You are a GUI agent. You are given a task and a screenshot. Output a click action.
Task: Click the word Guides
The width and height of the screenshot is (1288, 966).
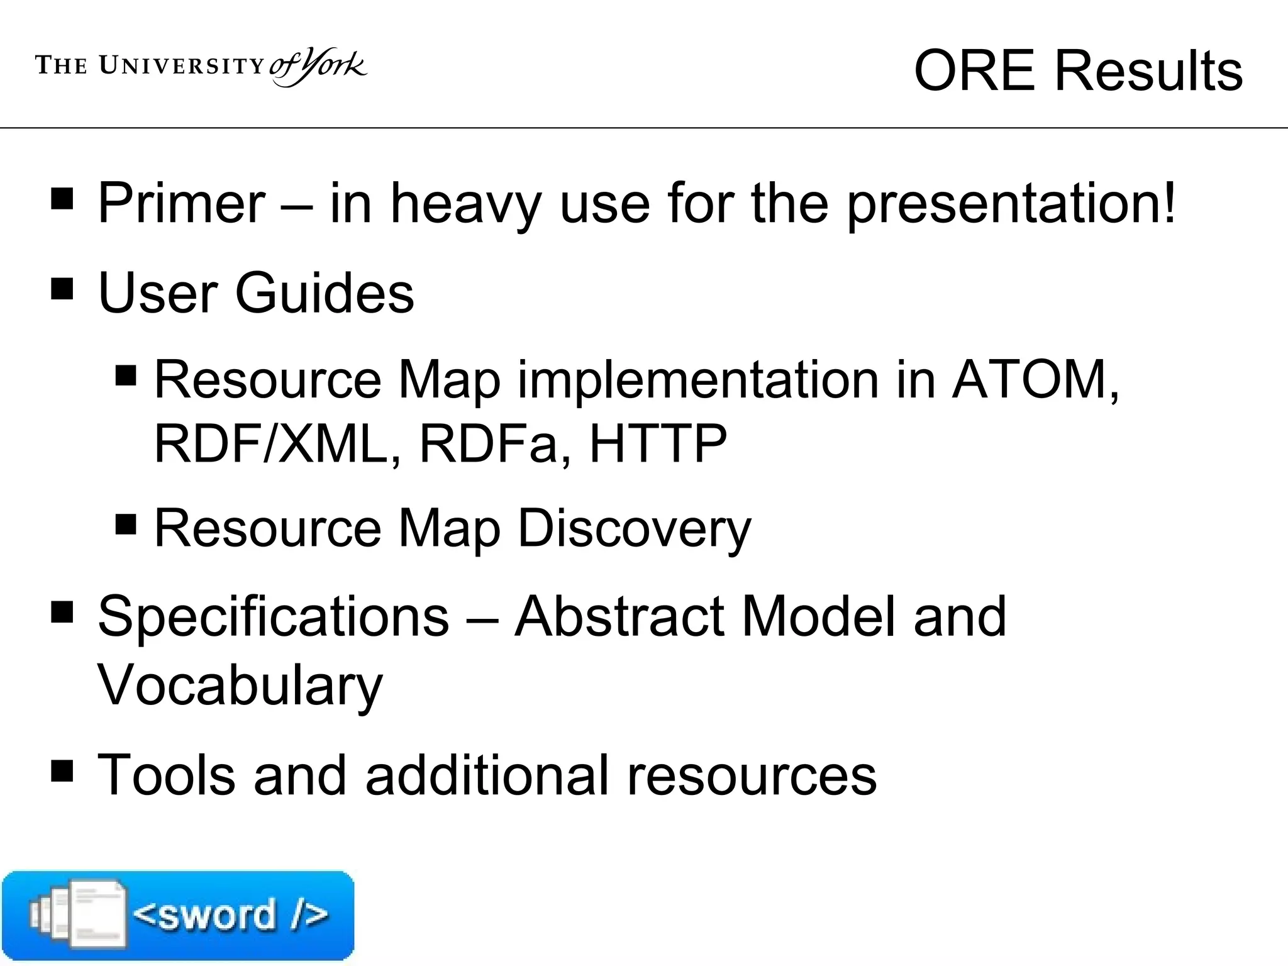point(325,292)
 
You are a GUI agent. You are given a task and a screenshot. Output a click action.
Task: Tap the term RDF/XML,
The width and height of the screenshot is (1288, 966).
point(277,443)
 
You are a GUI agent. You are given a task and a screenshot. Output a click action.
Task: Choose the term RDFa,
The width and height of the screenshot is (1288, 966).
point(495,443)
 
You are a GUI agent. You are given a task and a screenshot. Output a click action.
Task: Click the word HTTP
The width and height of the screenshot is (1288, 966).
point(658,443)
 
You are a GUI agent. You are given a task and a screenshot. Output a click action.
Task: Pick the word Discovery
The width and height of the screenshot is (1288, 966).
point(635,529)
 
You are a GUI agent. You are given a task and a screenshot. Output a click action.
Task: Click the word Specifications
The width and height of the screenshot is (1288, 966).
point(274,616)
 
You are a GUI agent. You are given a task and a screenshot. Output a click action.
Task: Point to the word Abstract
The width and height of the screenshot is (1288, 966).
point(619,616)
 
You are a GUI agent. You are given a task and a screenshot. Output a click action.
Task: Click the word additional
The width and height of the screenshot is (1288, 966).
point(487,775)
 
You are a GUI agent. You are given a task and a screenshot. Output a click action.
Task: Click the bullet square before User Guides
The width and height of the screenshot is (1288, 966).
point(62,289)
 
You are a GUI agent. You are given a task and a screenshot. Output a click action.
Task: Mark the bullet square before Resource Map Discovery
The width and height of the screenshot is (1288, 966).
point(126,524)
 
